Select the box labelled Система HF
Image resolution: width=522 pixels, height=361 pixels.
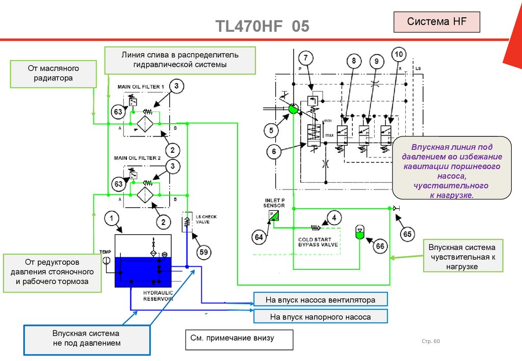(437, 22)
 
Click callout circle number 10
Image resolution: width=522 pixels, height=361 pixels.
(399, 54)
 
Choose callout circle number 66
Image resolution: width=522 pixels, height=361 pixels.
(380, 246)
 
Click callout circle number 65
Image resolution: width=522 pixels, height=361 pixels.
(407, 234)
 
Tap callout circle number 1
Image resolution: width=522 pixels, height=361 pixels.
(112, 219)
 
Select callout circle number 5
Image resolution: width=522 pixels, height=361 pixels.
(272, 131)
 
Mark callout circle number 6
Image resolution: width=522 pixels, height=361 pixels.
(274, 151)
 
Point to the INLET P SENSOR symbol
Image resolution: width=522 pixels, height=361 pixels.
(274, 216)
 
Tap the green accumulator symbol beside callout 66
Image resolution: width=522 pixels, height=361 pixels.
(359, 233)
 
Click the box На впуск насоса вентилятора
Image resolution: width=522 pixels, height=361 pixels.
(320, 300)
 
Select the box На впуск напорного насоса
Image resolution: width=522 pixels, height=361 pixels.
(320, 317)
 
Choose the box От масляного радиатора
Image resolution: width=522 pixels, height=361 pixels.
(54, 74)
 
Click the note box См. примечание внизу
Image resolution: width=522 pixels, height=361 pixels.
(239, 339)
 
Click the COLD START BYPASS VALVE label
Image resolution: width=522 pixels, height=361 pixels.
(318, 242)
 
